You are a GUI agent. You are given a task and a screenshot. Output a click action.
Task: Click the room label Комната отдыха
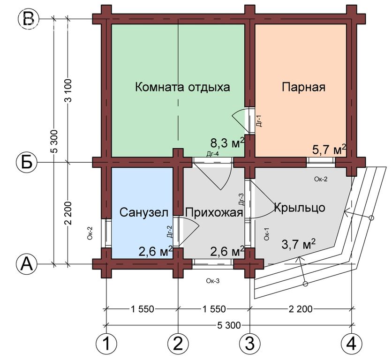(182, 87)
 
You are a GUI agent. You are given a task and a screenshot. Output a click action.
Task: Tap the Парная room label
(303, 87)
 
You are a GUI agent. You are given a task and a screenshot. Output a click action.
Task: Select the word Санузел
(144, 212)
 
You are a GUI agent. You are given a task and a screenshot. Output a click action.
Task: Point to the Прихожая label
(214, 213)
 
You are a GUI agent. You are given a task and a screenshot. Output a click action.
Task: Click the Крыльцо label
(300, 208)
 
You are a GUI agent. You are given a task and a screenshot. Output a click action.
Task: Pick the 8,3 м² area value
(227, 143)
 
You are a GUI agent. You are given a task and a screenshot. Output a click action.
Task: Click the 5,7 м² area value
(329, 150)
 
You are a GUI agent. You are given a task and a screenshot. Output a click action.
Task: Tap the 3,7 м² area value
(298, 244)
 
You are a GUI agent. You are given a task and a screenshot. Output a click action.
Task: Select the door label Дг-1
(259, 121)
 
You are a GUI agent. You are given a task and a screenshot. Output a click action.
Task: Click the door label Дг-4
(213, 154)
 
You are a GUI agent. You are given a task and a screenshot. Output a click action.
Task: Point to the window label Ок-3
(213, 281)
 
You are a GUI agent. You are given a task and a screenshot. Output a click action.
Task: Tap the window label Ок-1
(267, 234)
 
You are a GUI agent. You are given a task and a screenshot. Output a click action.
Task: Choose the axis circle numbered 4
(352, 344)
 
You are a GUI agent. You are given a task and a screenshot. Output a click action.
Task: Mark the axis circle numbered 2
(178, 344)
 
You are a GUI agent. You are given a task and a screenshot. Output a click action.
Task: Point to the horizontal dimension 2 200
(301, 309)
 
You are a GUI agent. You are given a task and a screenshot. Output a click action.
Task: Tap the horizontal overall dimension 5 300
(229, 325)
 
